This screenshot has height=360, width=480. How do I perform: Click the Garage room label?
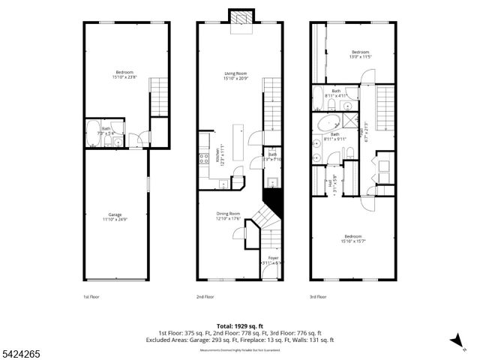tap(115, 217)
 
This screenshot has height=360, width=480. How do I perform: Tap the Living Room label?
tap(236, 75)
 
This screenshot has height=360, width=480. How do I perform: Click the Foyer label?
tap(274, 260)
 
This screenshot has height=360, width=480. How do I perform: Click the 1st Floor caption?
tap(91, 297)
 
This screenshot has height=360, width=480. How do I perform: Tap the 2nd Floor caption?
tap(205, 297)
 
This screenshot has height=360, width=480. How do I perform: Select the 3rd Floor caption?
tap(319, 297)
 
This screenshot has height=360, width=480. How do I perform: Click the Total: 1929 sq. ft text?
tap(239, 326)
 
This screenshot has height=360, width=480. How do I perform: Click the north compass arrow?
tap(454, 342)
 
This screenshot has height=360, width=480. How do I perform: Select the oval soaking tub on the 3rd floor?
tap(328, 124)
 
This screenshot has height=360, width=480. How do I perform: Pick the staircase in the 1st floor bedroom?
tap(160, 96)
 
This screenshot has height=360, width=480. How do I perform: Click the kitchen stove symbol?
tap(203, 157)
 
